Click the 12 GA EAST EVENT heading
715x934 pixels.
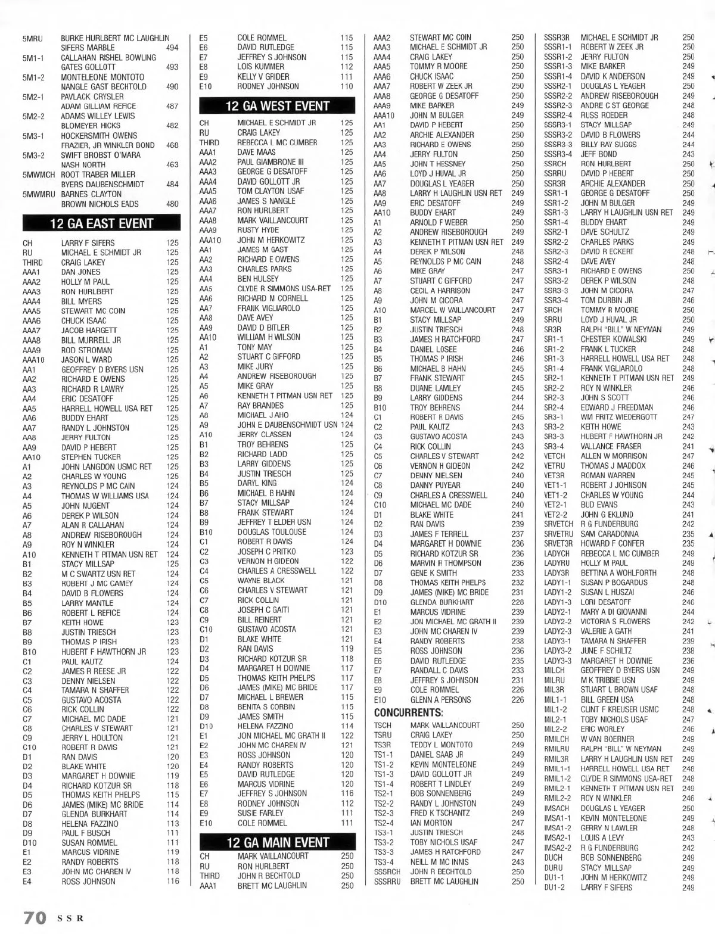101,223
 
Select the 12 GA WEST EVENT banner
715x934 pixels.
277,107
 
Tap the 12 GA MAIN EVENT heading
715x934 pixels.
277,842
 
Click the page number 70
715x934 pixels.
35,917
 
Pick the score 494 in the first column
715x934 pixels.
172,48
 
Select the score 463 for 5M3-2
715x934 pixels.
172,164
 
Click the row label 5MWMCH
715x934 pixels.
38,175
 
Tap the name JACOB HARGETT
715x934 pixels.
89,330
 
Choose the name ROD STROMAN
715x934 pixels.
86,350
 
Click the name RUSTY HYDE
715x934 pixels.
258,230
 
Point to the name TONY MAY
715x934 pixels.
254,347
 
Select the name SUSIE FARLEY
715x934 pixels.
260,813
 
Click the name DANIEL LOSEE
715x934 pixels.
433,349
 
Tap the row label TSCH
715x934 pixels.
383,725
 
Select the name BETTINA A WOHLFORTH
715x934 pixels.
618,572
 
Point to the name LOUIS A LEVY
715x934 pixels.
602,838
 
